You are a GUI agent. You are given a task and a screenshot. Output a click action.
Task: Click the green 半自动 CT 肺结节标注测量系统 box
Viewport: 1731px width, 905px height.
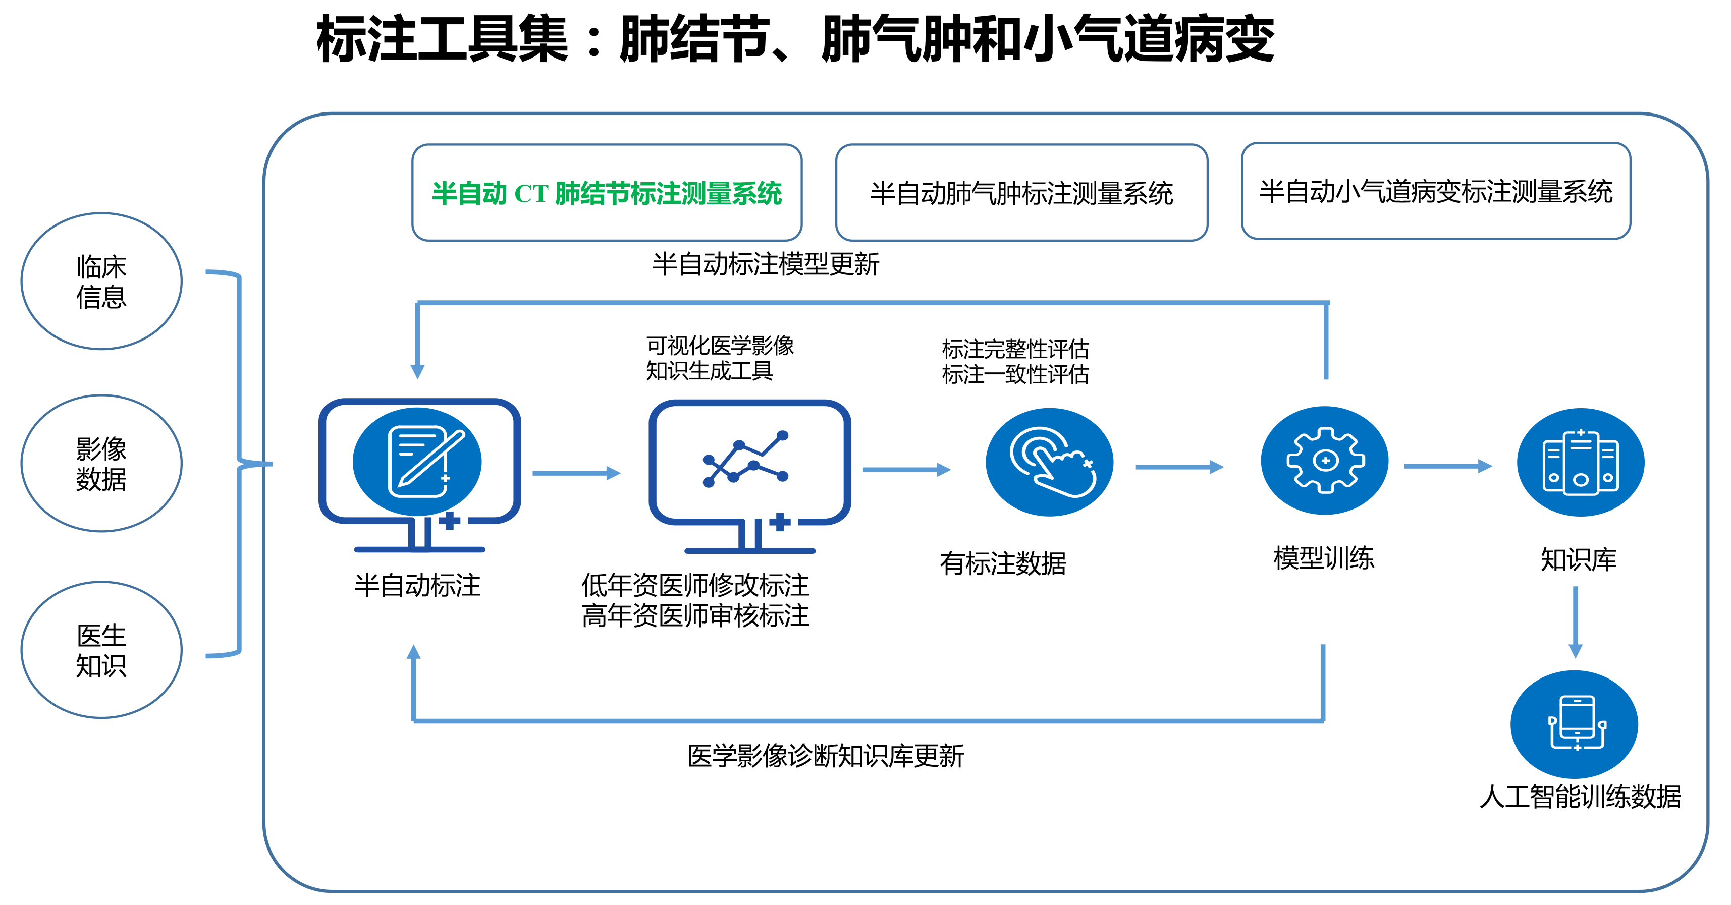pos(607,192)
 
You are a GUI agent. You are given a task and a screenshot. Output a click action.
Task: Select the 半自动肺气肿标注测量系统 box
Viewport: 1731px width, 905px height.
pos(1021,192)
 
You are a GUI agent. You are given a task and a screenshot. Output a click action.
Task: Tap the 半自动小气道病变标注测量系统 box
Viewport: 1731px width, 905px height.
pos(1436,191)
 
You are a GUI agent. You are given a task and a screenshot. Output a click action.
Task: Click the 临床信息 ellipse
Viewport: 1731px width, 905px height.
pos(101,281)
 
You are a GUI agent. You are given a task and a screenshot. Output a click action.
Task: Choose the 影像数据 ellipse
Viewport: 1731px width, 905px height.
pos(101,463)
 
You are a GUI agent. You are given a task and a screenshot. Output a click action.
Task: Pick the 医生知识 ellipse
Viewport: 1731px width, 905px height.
pos(101,650)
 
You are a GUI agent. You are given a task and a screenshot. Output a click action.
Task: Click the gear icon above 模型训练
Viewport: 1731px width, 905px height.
pos(1324,460)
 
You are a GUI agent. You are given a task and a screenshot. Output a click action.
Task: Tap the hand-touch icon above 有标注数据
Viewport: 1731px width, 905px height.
pos(1050,462)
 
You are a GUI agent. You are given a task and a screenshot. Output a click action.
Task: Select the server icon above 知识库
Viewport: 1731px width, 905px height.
pos(1581,462)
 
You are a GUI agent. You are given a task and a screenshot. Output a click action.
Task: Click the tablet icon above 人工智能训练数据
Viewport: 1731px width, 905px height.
pos(1575,724)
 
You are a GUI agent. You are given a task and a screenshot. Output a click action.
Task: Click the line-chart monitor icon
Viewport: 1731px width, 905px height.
pos(749,476)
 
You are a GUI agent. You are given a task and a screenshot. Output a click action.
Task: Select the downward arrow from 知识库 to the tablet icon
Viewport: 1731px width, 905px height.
pos(1575,622)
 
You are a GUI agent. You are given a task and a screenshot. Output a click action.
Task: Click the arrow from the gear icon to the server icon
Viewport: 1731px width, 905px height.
pos(1448,466)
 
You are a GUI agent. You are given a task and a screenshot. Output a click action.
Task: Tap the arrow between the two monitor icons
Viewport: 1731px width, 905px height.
pos(576,473)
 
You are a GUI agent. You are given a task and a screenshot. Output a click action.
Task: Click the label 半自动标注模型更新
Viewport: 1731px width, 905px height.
pos(766,264)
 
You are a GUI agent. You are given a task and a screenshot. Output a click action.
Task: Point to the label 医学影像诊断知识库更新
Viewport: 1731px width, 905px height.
pos(825,756)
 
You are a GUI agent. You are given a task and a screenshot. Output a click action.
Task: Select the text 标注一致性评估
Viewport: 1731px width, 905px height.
pos(1015,374)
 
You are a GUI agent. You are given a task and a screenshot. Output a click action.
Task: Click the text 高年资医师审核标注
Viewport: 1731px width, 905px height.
pos(695,615)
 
